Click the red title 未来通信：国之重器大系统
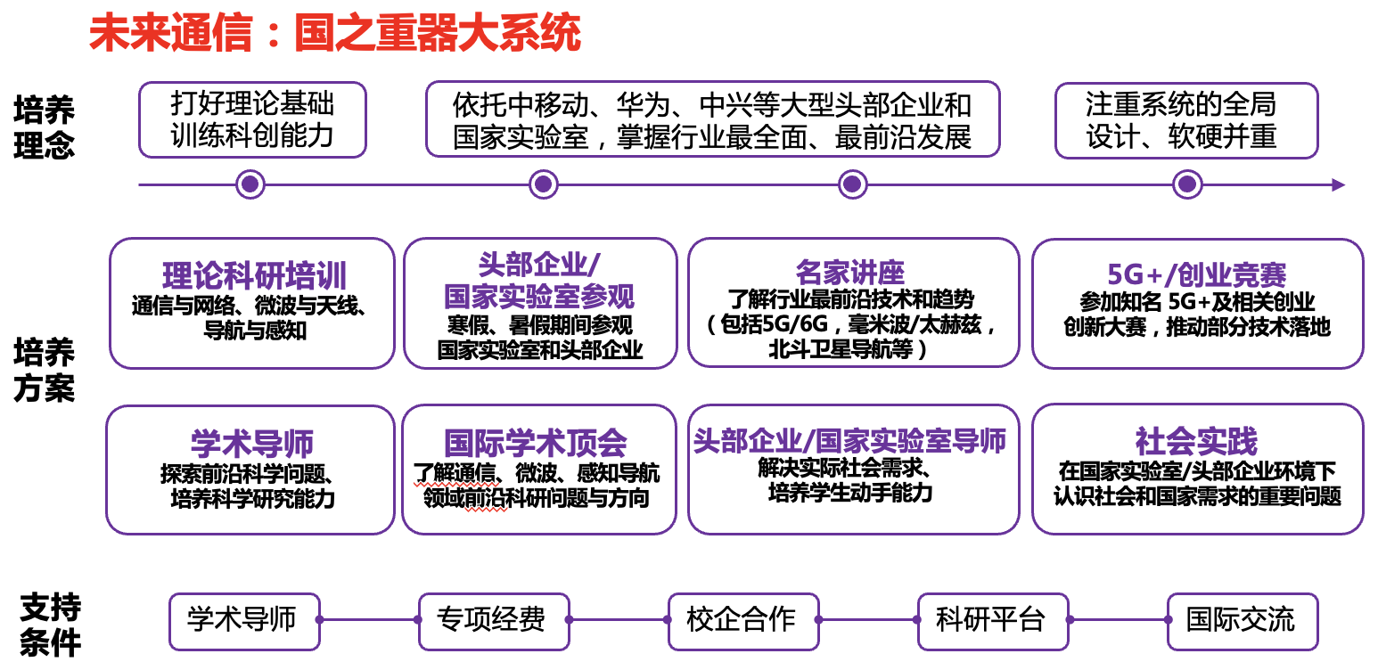(x=335, y=33)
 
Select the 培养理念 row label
(x=45, y=127)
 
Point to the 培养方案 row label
(x=45, y=370)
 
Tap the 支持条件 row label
(x=51, y=625)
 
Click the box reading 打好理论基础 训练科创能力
(x=252, y=120)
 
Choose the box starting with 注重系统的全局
(x=1186, y=120)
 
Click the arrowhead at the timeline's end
(x=1339, y=185)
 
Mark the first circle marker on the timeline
(x=250, y=184)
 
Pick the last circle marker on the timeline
(x=1187, y=184)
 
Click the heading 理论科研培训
(x=254, y=275)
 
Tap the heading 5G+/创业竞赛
(x=1196, y=274)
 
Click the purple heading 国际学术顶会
(x=535, y=443)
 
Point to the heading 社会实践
(x=1196, y=441)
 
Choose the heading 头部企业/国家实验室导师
(x=849, y=441)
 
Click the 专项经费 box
(x=494, y=621)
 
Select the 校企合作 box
(x=743, y=621)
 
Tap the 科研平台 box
(x=993, y=621)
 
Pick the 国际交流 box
(x=1243, y=621)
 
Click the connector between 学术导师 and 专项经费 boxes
(x=369, y=619)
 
